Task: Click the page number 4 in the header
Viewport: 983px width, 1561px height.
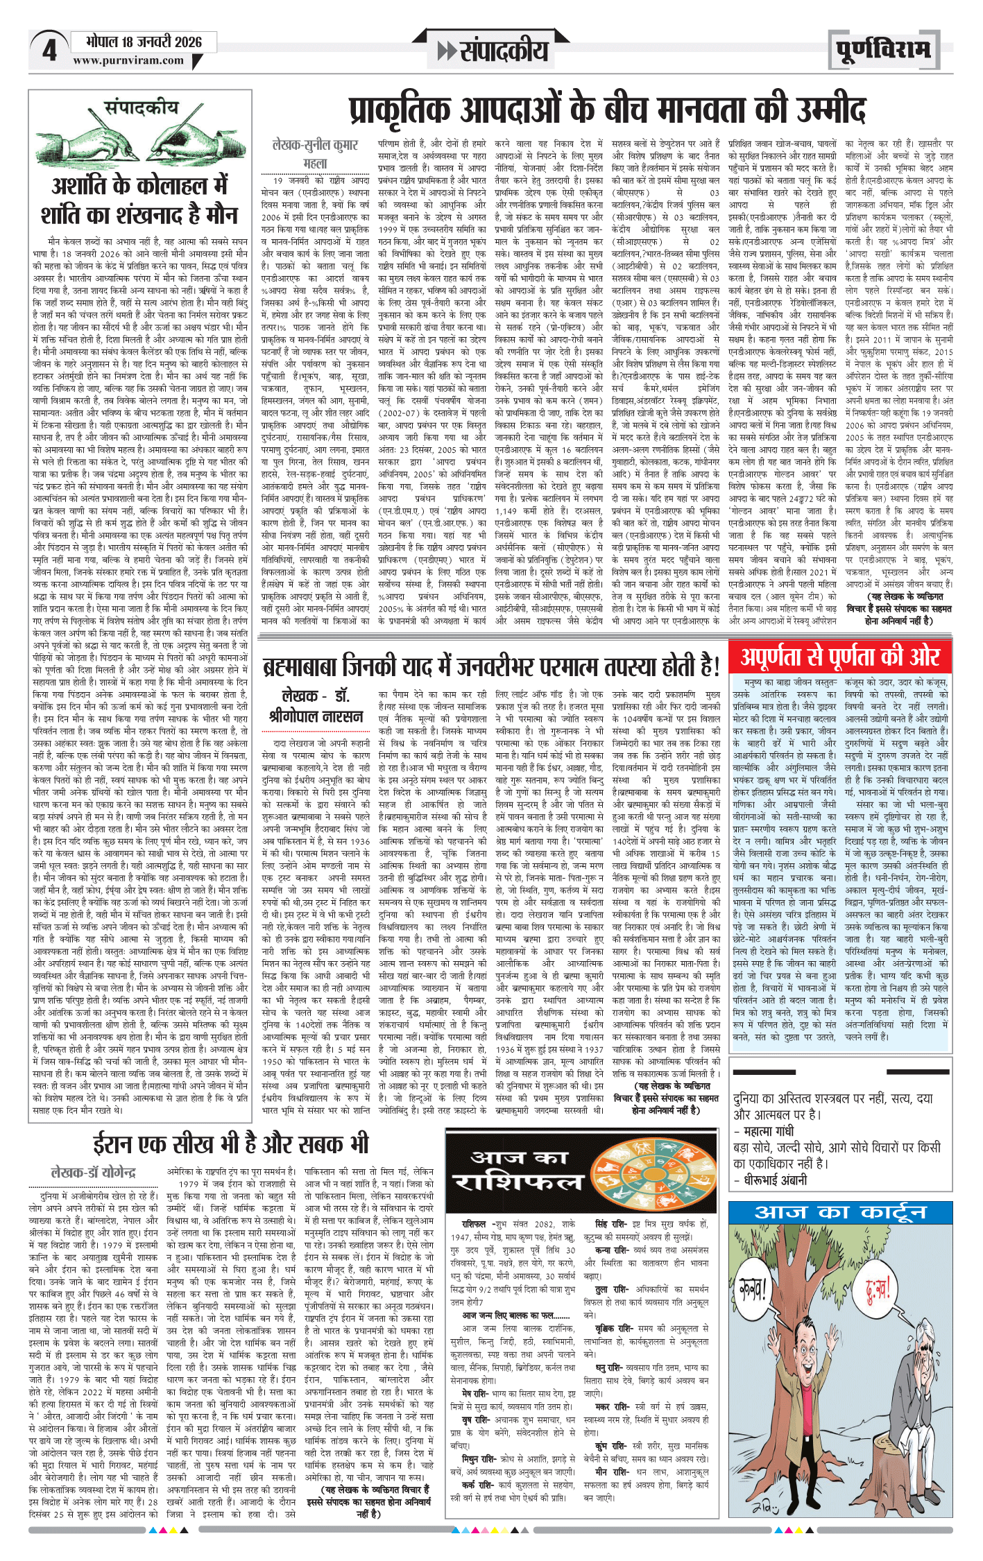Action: pos(49,51)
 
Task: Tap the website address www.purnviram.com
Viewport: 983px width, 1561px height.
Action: pos(128,60)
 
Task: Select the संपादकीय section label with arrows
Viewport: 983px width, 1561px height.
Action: pos(493,50)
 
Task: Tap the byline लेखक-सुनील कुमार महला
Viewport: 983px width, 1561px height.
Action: pos(316,153)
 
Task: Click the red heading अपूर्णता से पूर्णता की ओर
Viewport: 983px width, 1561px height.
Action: pos(840,656)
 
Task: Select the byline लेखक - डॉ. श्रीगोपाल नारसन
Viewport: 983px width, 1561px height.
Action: pos(316,705)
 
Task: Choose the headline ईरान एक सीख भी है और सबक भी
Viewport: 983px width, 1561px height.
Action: pos(231,1144)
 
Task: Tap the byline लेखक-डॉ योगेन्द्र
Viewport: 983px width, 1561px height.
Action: pos(94,1173)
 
